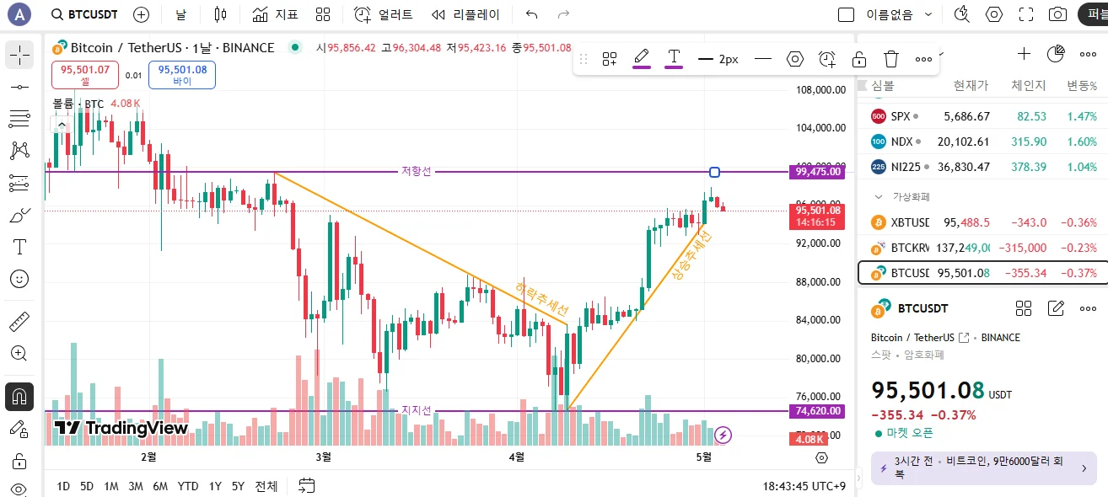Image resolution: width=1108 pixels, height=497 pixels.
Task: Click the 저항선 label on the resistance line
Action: (416, 172)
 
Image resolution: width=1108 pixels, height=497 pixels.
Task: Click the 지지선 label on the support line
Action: (416, 410)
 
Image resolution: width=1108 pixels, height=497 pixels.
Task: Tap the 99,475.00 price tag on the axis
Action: (818, 172)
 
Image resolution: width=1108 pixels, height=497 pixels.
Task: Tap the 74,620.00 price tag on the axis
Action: (818, 411)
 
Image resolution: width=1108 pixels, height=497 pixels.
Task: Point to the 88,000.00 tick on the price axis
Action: (821, 281)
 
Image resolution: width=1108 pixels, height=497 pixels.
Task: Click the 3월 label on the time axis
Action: (322, 457)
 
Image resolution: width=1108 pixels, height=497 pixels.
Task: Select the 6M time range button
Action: (160, 486)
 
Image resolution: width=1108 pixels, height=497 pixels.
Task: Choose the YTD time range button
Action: (188, 486)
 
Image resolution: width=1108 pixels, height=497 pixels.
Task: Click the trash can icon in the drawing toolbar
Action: (891, 59)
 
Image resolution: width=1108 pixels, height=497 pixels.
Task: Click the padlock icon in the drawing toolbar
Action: (858, 59)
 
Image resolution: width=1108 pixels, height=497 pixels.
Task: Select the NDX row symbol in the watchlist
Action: (901, 142)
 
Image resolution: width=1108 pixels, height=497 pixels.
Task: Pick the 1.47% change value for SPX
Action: (1082, 116)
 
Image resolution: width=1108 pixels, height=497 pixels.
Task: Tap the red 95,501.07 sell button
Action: (85, 75)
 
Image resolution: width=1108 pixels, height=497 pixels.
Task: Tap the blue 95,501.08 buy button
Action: (182, 75)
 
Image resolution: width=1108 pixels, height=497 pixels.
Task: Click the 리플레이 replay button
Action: (466, 14)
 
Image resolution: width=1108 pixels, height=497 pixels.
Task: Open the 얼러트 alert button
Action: (384, 14)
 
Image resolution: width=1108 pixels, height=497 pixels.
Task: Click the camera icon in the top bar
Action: (1057, 14)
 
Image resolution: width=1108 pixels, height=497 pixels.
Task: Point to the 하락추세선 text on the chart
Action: (541, 298)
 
